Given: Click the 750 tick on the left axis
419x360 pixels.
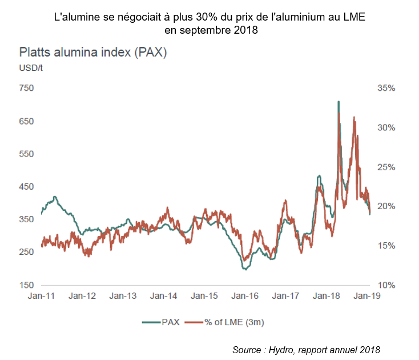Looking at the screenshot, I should coord(27,89).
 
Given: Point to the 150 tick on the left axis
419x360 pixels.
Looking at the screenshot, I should coord(27,285).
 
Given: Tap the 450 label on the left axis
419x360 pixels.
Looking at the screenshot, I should coord(27,187).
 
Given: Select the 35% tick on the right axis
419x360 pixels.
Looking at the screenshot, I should coord(386,89).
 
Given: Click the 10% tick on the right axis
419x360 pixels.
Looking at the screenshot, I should coord(386,285).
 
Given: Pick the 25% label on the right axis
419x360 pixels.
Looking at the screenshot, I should coord(386,167).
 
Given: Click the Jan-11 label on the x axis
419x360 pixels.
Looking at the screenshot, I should coord(42,296).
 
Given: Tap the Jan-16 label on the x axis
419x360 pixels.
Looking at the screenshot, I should coord(245,296).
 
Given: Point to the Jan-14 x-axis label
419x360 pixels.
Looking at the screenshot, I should coord(164,296).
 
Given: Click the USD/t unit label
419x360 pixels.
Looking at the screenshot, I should coord(31,69).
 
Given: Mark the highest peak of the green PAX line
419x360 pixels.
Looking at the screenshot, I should coord(339,102).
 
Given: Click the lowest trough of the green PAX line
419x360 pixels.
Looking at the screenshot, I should coord(245,269).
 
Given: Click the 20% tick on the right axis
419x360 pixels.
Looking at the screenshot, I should coord(386,206).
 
